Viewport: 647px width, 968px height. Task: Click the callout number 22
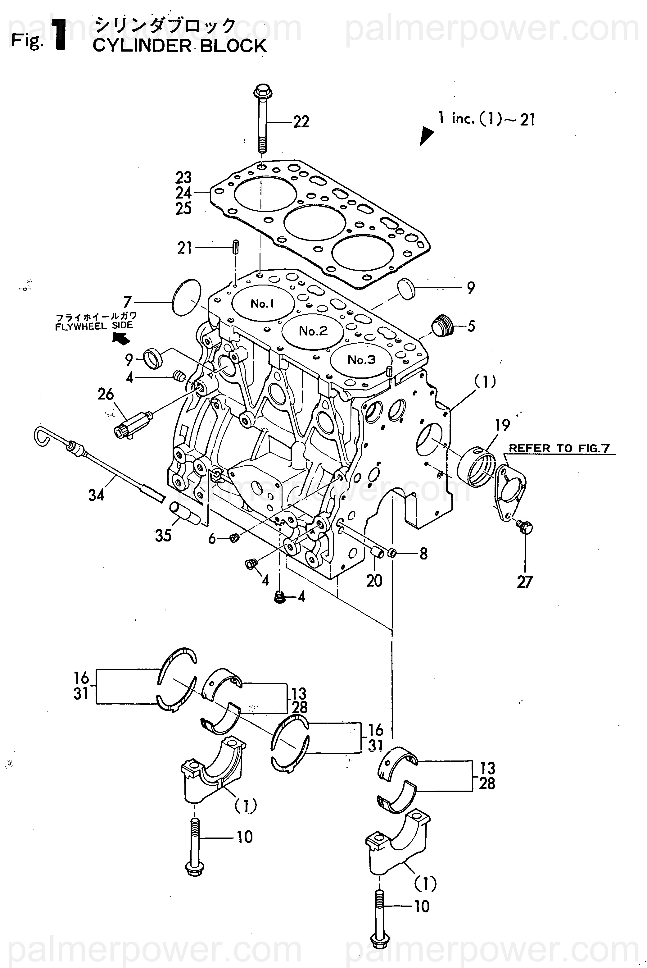(301, 122)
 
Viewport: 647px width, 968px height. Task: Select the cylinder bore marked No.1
(263, 304)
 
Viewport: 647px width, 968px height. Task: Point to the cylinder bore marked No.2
(313, 331)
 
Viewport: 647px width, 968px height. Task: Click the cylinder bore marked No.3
(361, 359)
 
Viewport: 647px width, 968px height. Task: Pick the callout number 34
(97, 494)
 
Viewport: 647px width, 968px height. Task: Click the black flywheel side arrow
(121, 338)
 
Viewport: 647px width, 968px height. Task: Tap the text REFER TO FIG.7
(559, 448)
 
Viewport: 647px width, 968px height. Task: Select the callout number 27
(525, 582)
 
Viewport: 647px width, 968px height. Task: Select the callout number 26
(106, 394)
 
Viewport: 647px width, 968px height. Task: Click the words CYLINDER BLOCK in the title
(180, 46)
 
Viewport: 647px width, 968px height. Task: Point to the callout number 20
(374, 581)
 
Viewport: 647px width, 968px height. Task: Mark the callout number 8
(423, 554)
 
